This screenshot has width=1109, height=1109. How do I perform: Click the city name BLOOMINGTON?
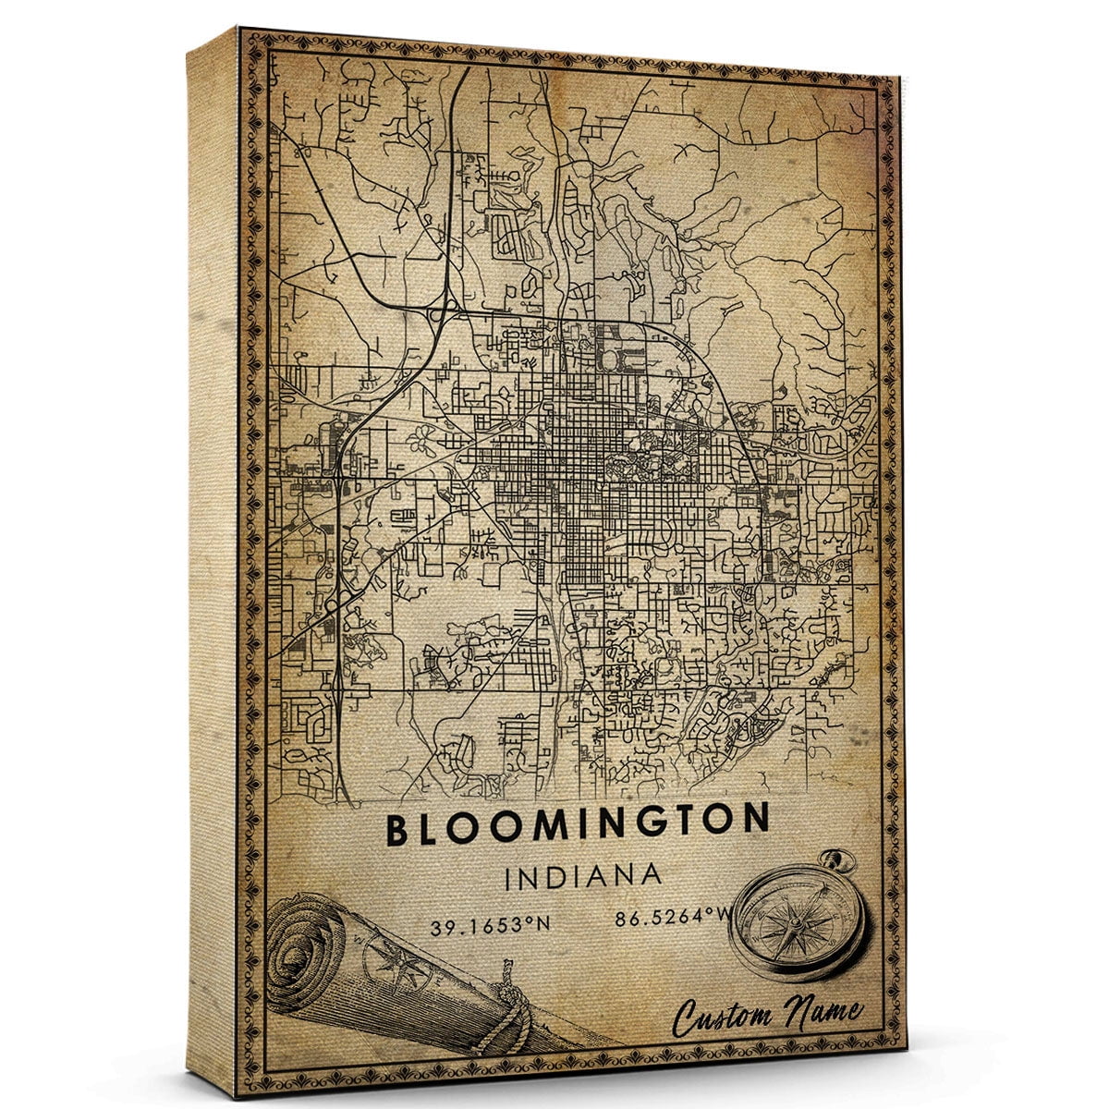578,825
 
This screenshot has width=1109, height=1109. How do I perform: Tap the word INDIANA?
583,876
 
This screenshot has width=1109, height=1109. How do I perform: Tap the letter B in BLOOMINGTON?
397,830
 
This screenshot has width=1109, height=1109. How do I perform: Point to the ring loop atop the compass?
839,862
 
